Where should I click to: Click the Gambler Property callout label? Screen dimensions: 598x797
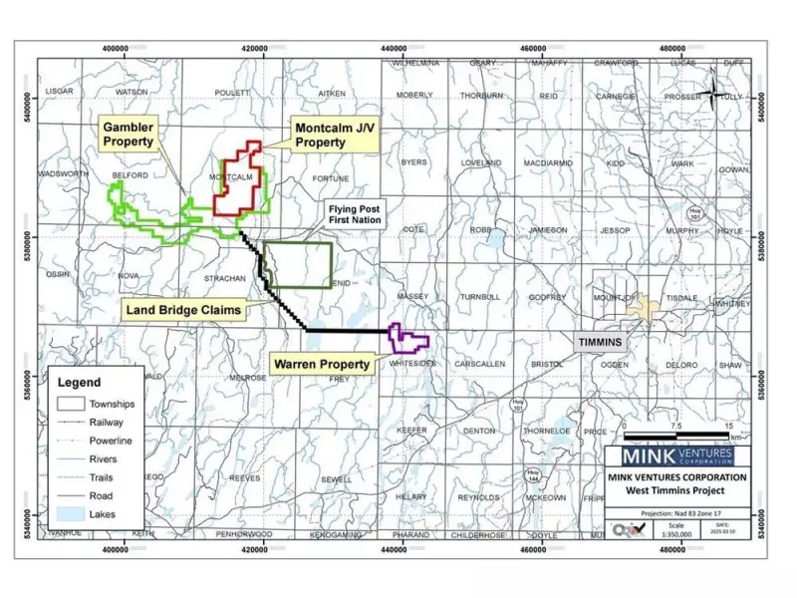[128, 135]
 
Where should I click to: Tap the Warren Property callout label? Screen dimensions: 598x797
[321, 365]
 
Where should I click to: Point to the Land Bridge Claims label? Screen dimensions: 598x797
[183, 310]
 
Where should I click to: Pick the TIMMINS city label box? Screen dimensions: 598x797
[599, 342]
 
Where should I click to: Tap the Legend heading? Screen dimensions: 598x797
[79, 382]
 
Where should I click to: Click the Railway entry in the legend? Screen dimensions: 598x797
[106, 423]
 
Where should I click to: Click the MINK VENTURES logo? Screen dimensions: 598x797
[677, 456]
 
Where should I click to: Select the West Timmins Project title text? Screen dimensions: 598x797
[676, 490]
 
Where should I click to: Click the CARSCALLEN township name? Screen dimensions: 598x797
[479, 365]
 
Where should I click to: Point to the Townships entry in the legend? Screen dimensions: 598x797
[111, 404]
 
